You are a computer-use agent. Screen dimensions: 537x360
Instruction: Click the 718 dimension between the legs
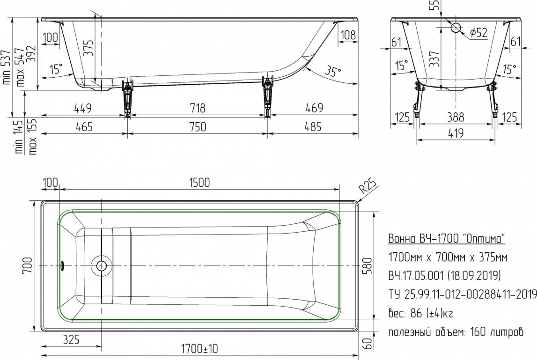pyautogui.click(x=198, y=108)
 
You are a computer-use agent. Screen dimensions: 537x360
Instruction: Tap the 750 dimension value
pyautogui.click(x=198, y=127)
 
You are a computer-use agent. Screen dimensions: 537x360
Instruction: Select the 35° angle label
pyautogui.click(x=332, y=71)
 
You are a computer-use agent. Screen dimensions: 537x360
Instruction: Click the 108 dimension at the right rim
pyautogui.click(x=348, y=35)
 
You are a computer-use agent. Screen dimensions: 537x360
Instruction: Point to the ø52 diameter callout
pyautogui.click(x=478, y=33)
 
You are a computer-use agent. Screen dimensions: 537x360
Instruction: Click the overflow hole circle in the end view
pyautogui.click(x=456, y=28)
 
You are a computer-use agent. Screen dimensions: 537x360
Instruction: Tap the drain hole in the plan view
pyautogui.click(x=102, y=265)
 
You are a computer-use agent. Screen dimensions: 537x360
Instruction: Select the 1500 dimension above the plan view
pyautogui.click(x=199, y=183)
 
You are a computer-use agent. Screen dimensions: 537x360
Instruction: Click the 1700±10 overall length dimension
pyautogui.click(x=199, y=349)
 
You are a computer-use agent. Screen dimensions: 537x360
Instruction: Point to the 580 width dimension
pyautogui.click(x=367, y=266)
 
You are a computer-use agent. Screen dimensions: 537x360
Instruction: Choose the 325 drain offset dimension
pyautogui.click(x=71, y=339)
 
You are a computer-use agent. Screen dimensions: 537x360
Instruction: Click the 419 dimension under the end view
pyautogui.click(x=456, y=133)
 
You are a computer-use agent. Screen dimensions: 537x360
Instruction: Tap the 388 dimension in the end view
pyautogui.click(x=456, y=117)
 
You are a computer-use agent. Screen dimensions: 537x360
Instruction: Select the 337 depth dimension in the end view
pyautogui.click(x=434, y=59)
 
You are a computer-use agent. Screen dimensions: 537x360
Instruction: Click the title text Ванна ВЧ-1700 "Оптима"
pyautogui.click(x=447, y=238)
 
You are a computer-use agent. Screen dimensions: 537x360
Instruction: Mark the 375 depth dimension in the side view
pyautogui.click(x=88, y=48)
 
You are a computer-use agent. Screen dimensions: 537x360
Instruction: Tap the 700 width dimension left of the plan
pyautogui.click(x=27, y=265)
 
